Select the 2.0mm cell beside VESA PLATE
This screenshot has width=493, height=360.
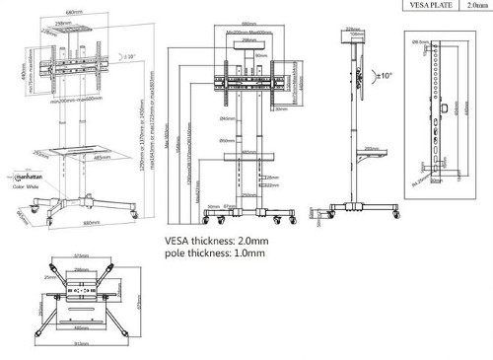(476, 6)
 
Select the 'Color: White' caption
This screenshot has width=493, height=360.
(25, 185)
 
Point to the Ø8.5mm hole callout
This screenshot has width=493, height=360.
(418, 42)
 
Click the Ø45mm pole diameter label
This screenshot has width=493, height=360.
(227, 117)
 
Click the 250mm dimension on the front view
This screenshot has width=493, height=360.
(248, 194)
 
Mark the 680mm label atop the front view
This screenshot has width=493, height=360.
(248, 24)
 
